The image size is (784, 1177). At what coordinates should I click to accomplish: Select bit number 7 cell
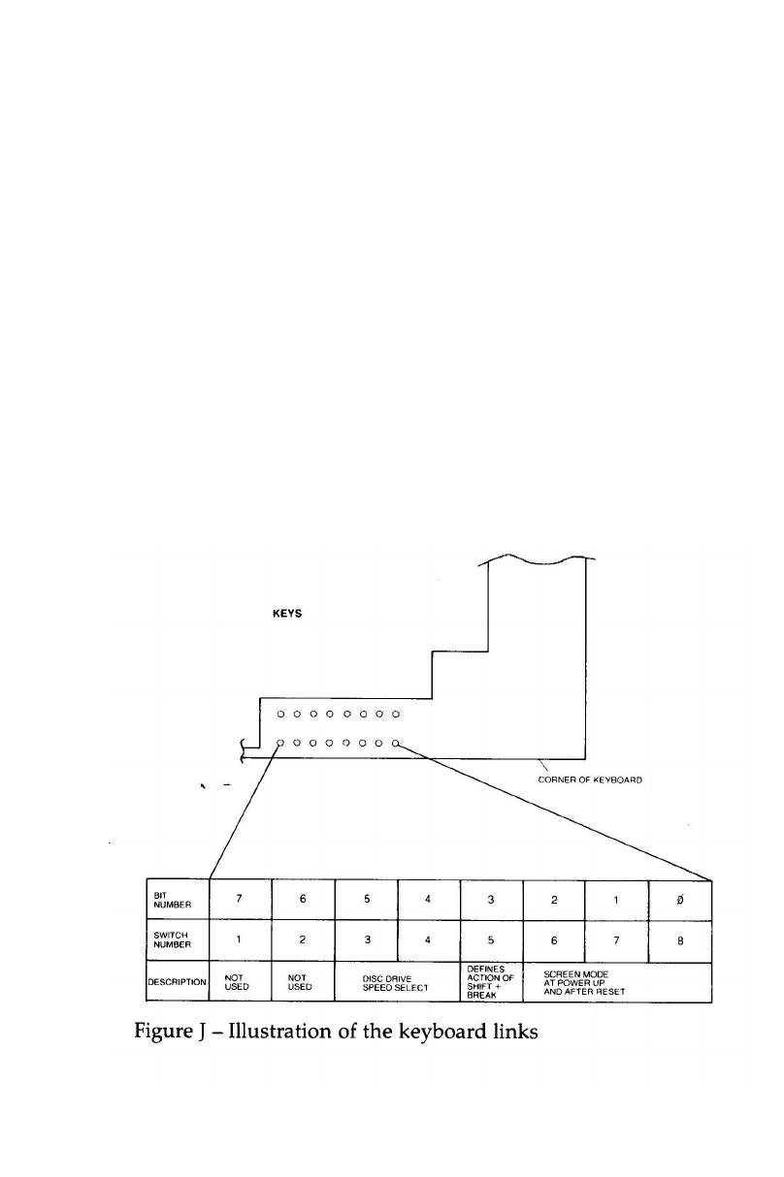(239, 898)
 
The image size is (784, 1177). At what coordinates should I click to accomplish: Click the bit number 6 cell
(303, 898)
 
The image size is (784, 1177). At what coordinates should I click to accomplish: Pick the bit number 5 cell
(366, 898)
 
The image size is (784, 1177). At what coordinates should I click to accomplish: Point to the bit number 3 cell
(491, 898)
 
